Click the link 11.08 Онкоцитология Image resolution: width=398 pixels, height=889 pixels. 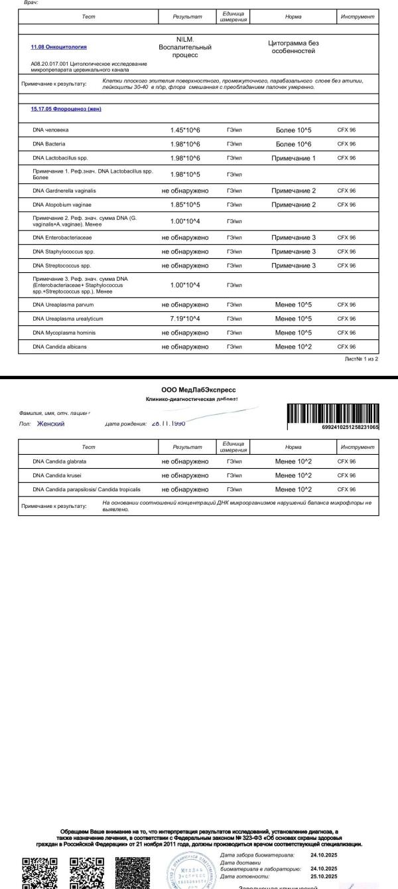click(x=58, y=47)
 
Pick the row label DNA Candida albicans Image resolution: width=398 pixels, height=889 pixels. click(x=60, y=347)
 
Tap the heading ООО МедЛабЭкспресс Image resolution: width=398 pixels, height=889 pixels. click(x=198, y=390)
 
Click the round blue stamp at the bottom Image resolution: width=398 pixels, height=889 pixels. click(x=190, y=870)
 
